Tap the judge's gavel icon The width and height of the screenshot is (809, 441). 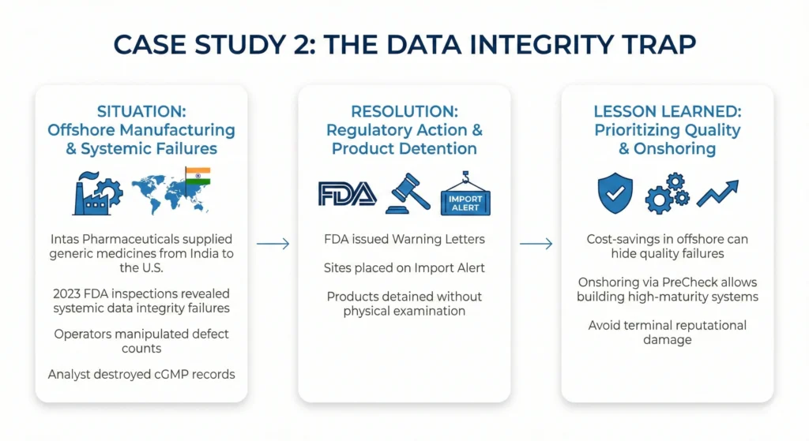point(407,193)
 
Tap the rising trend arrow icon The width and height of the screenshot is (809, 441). point(718,193)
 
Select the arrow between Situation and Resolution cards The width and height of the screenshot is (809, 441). point(273,245)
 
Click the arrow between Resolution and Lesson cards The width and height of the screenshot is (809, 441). point(536,245)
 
